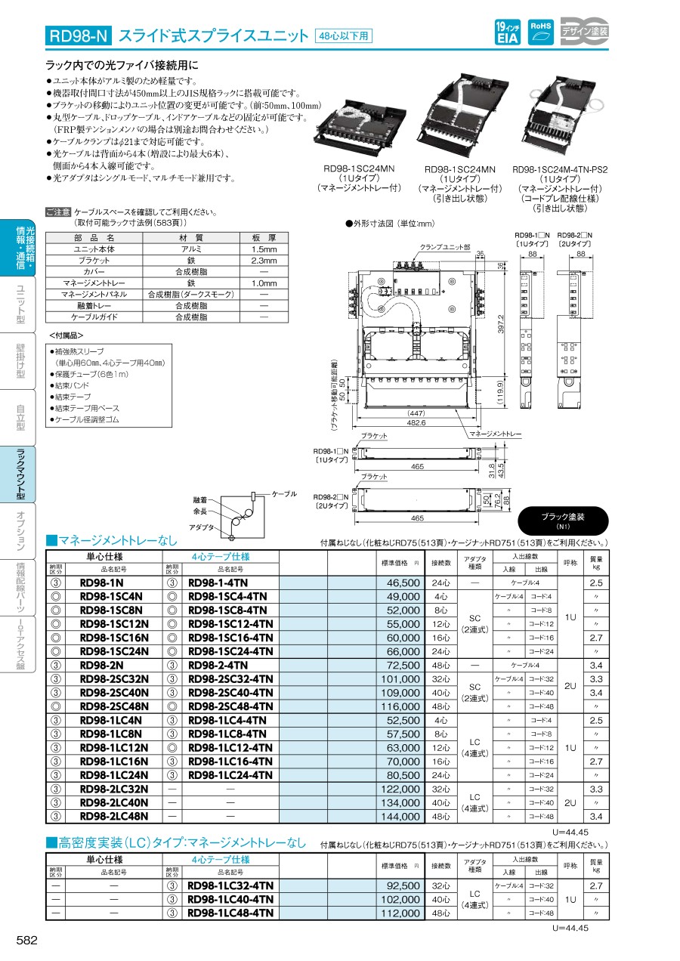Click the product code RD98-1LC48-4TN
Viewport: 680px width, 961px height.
(230, 913)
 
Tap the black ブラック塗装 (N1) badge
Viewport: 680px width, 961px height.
(573, 521)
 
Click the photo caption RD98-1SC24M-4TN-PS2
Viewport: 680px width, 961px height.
(560, 170)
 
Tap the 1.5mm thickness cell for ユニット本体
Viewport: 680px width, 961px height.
(264, 249)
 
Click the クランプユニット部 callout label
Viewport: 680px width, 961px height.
(445, 247)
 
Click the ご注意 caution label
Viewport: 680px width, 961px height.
(58, 213)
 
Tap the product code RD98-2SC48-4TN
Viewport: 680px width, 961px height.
(230, 706)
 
